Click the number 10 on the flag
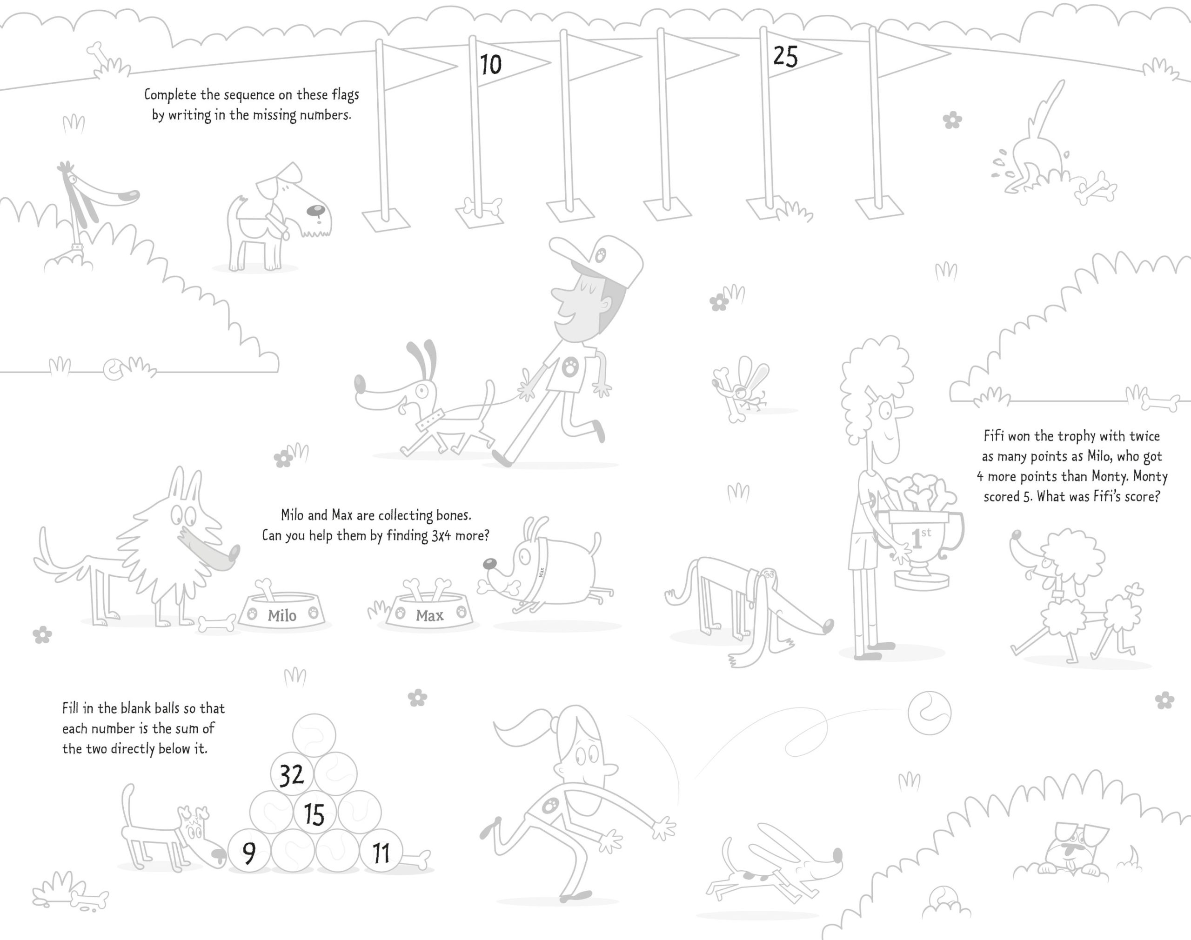click(x=490, y=64)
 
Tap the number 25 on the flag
click(x=785, y=56)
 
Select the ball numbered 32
click(x=292, y=774)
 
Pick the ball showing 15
click(x=314, y=813)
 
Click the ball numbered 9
click(x=249, y=853)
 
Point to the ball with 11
click(x=381, y=853)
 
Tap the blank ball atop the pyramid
click(x=314, y=735)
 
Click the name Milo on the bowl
click(x=282, y=615)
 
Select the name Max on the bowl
click(x=429, y=615)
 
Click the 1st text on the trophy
click(x=920, y=538)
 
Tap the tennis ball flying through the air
click(x=929, y=713)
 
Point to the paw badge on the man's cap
click(x=601, y=255)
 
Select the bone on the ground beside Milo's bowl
click(x=217, y=624)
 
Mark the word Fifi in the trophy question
click(x=993, y=436)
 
